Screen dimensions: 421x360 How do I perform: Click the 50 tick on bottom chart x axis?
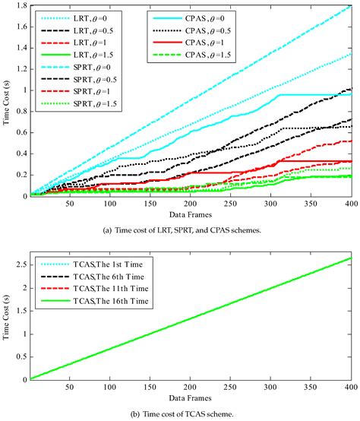[71, 387]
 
